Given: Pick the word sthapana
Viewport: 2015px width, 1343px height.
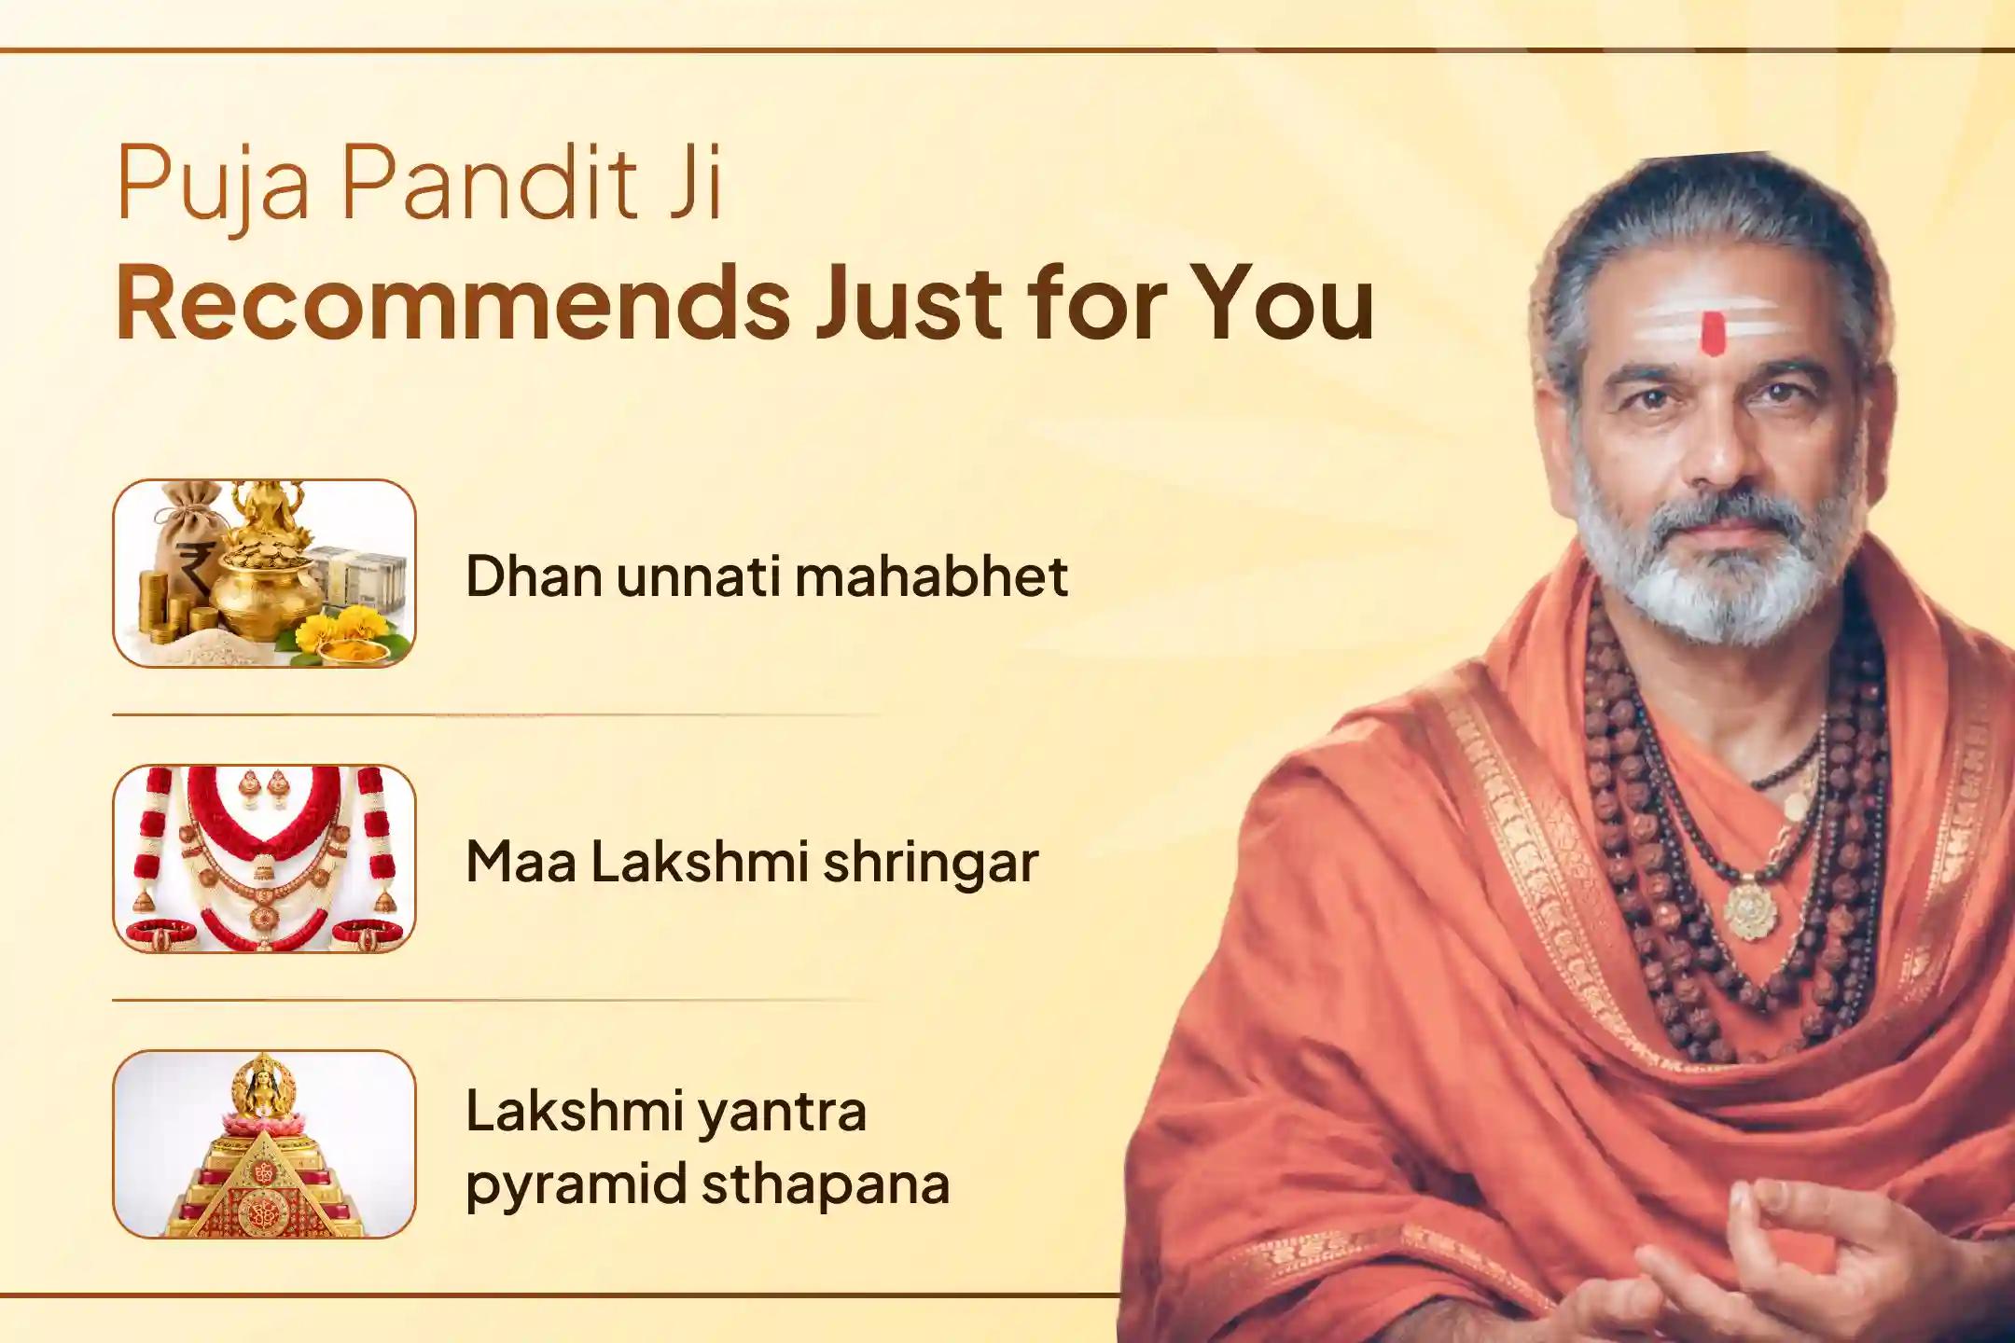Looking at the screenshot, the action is (x=825, y=1184).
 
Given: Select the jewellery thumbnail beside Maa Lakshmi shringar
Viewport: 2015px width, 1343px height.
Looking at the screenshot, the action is (x=264, y=859).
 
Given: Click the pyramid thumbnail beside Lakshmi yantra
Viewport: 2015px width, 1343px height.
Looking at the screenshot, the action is (x=264, y=1144).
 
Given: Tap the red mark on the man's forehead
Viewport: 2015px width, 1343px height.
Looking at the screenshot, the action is (x=1712, y=333).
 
